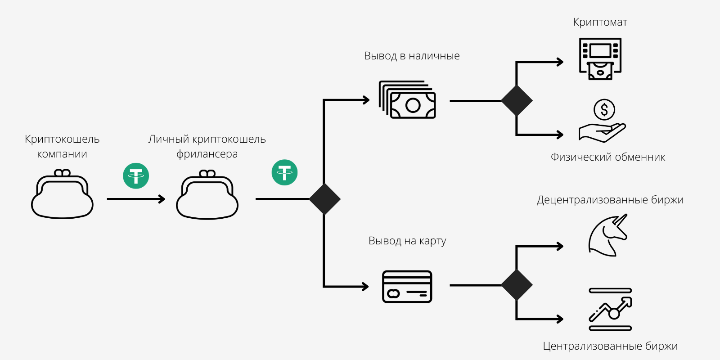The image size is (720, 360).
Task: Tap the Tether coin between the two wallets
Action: (136, 175)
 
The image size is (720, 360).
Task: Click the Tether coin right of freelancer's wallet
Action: (284, 172)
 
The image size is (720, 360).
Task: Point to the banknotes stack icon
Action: (408, 100)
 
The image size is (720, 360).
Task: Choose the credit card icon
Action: (407, 287)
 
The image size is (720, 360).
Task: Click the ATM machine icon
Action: (600, 59)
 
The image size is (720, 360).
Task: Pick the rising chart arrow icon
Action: (611, 309)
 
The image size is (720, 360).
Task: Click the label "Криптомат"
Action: (600, 22)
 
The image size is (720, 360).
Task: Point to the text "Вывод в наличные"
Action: (412, 56)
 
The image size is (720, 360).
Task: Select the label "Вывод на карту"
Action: (407, 241)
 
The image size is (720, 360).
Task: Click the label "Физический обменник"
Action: (607, 157)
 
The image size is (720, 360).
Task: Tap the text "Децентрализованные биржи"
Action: (610, 200)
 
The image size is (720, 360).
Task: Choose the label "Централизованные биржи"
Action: (610, 346)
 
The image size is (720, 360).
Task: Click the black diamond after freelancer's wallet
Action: (324, 199)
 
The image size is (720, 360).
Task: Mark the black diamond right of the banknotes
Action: (517, 101)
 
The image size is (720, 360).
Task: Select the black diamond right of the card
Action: (517, 285)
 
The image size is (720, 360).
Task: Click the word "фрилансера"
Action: (207, 154)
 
